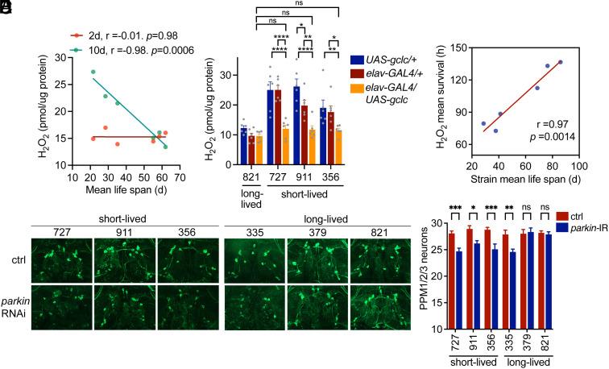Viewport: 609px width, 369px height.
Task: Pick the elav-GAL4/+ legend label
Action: tap(386, 74)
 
